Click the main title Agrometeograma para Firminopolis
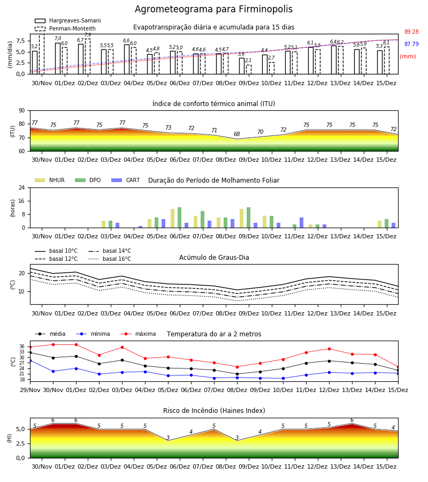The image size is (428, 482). [213, 9]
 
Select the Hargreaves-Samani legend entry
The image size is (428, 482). [67, 20]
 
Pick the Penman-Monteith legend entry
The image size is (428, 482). [65, 28]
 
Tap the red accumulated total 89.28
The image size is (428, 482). [411, 32]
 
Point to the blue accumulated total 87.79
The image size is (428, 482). [411, 44]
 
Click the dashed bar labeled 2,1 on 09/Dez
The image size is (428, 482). [249, 70]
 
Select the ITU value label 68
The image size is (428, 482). [236, 134]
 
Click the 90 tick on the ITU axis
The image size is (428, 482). [22, 111]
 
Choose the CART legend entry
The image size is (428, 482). [126, 180]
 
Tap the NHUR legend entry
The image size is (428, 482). [50, 180]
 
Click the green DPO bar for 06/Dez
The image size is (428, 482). [180, 217]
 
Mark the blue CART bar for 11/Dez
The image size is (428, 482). [302, 223]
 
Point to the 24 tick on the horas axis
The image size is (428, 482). [22, 188]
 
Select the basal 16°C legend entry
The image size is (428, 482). [110, 259]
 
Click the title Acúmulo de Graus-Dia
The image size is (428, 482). [214, 258]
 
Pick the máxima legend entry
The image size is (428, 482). [138, 334]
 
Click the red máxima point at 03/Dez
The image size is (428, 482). [122, 348]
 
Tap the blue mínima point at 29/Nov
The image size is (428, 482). [30, 360]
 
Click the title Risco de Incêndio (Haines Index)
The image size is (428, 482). [214, 411]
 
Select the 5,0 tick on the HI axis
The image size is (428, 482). [20, 430]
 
